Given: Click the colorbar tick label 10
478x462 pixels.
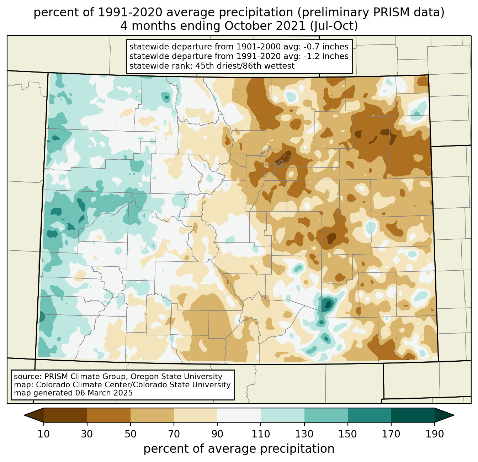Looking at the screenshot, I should tap(44, 434).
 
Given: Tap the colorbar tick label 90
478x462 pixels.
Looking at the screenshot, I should tap(217, 434).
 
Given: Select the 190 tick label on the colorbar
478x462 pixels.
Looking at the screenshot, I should tap(435, 434).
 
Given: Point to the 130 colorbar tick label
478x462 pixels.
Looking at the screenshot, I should tap(304, 434).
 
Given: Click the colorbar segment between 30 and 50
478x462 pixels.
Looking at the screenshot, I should tap(109, 415).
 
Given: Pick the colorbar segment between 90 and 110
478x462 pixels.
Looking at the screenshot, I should tap(239, 415).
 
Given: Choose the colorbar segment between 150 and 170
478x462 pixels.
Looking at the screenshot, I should tap(370, 415).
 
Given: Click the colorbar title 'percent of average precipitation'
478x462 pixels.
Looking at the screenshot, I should tap(239, 449).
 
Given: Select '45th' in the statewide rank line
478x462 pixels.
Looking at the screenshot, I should tap(204, 66).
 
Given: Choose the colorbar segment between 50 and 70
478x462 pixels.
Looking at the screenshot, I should tap(152, 415).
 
